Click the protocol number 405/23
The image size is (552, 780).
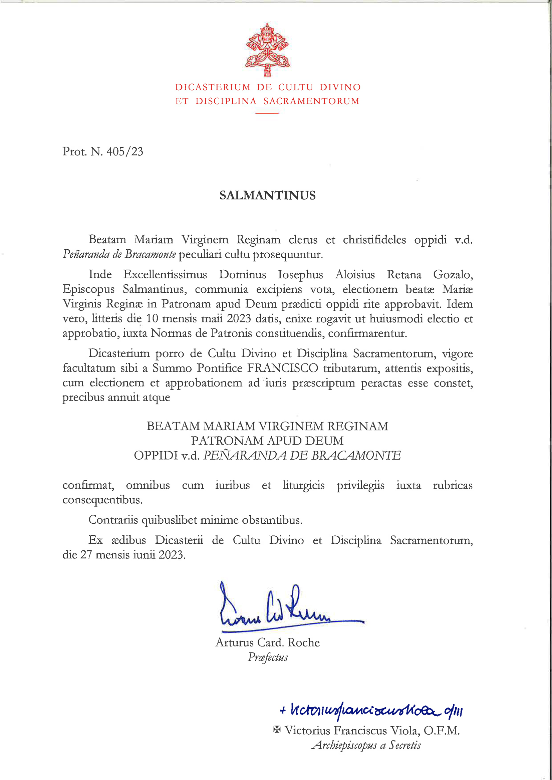point(125,152)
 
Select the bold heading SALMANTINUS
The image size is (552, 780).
point(268,196)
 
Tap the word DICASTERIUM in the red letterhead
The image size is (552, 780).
point(213,87)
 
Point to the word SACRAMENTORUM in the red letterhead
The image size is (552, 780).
point(311,101)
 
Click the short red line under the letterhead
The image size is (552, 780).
point(267,113)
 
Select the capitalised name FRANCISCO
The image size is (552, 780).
point(282,368)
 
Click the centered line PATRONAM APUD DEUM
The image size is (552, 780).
point(267,441)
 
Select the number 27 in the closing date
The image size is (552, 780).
point(86,555)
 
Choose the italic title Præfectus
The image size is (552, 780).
point(268,657)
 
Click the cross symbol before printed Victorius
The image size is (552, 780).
point(277,729)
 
